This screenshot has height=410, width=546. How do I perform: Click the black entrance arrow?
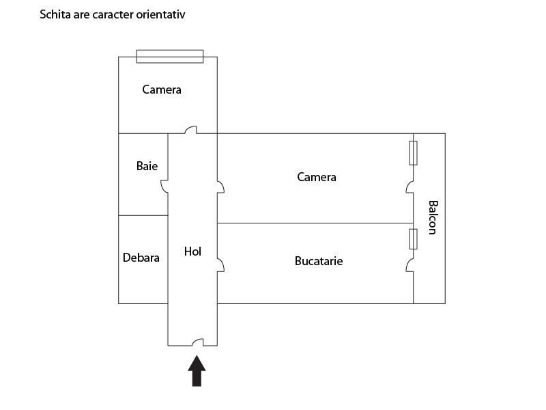[x=197, y=371]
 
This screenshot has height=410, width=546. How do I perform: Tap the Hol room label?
[x=192, y=251]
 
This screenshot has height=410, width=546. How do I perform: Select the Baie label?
[x=147, y=165]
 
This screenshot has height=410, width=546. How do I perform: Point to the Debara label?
[x=141, y=258]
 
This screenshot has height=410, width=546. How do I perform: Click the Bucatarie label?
[x=319, y=261]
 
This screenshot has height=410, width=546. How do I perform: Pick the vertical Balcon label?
[x=433, y=217]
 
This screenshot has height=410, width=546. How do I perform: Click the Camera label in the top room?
[x=162, y=90]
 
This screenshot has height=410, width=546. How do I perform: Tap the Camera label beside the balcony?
[x=317, y=177]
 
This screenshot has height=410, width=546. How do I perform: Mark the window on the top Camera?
[x=170, y=57]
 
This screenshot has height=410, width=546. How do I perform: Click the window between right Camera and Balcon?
[x=414, y=153]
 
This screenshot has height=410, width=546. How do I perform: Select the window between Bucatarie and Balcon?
[x=414, y=239]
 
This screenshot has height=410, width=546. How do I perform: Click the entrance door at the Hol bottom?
[x=197, y=342]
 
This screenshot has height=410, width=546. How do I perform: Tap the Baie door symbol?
[x=164, y=187]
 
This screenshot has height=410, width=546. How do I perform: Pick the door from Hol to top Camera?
[x=190, y=130]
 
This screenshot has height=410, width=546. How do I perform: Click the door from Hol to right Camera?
[x=220, y=187]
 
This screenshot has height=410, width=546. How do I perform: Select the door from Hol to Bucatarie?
[x=220, y=265]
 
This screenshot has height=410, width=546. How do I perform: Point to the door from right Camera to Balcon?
[x=410, y=187]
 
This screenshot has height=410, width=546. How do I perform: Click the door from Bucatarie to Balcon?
[x=410, y=265]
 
